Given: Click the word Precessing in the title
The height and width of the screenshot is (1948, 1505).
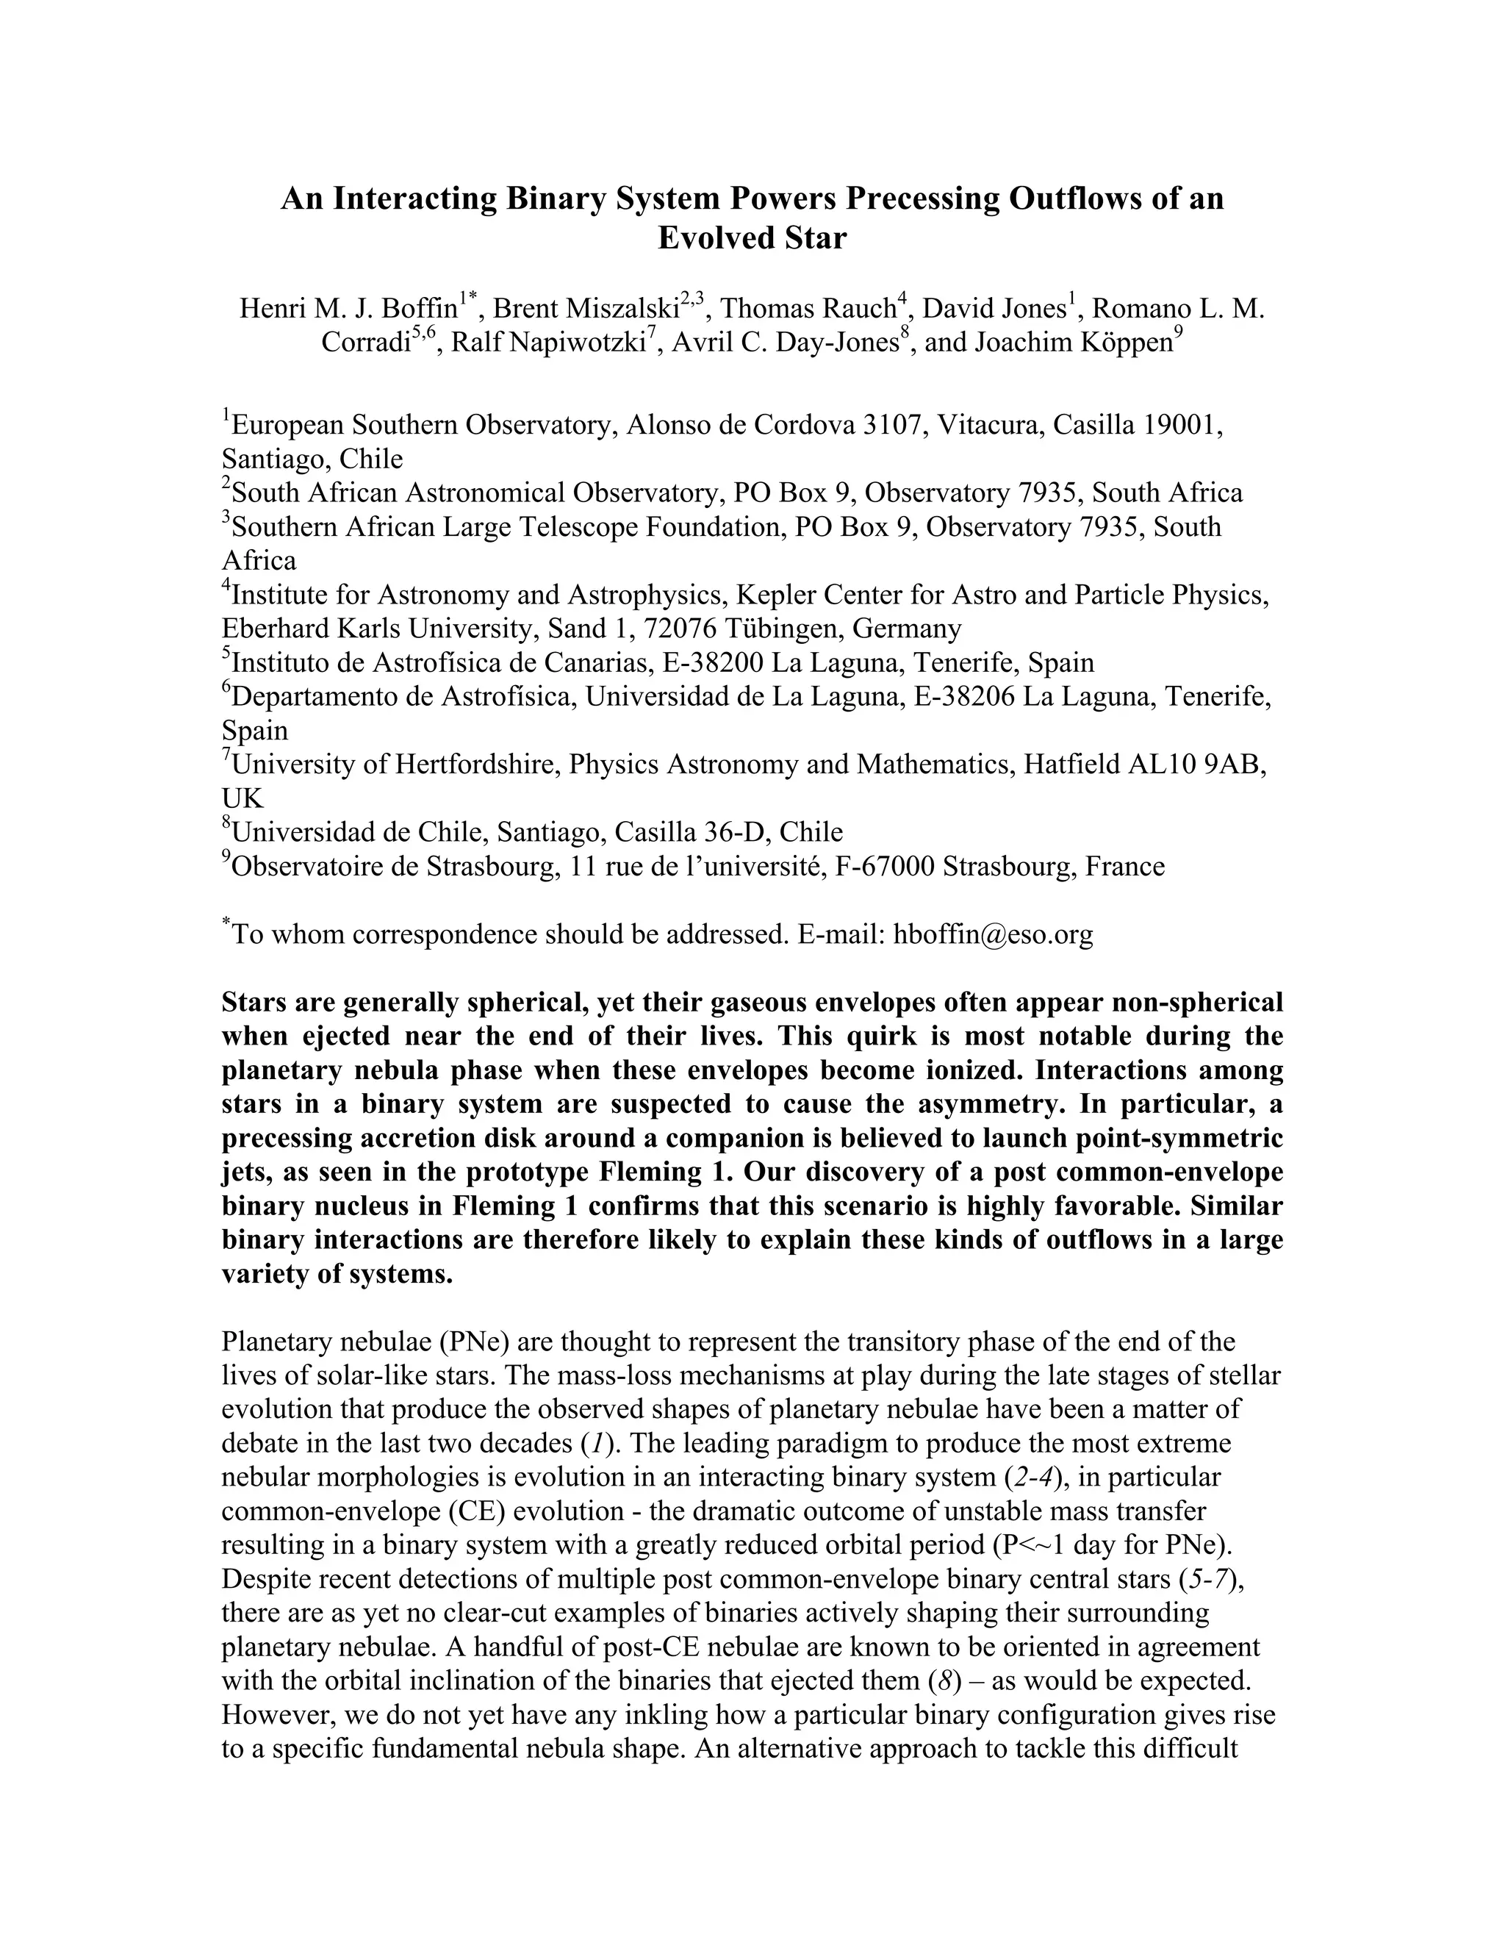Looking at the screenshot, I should pyautogui.click(x=923, y=198).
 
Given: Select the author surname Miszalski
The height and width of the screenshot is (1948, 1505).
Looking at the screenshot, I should pyautogui.click(x=618, y=309).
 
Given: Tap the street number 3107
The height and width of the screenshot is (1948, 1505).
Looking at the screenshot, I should pyautogui.click(x=891, y=425).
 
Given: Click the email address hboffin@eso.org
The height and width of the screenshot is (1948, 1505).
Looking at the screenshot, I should pyautogui.click(x=994, y=935).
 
